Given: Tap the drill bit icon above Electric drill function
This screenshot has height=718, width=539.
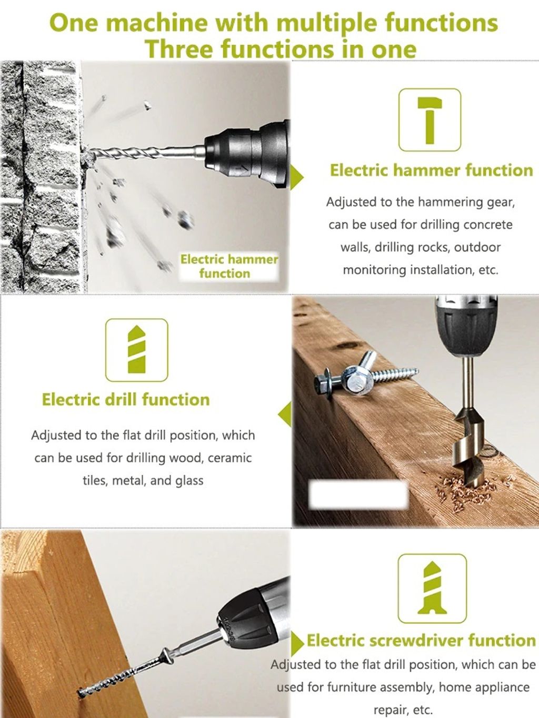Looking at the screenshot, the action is click(x=136, y=349).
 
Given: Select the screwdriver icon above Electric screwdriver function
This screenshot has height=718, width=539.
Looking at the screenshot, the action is click(x=432, y=589).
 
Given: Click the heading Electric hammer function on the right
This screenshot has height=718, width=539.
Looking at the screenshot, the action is click(x=431, y=170).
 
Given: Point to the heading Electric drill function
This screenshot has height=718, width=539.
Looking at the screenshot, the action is click(x=126, y=400).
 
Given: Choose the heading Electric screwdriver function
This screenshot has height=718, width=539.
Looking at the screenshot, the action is click(x=421, y=640).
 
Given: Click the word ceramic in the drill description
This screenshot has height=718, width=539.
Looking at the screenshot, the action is click(x=229, y=458).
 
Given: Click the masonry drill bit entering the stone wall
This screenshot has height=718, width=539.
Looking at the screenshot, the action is click(x=144, y=153).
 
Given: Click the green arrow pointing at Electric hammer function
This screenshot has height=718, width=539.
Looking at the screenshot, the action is click(x=297, y=177).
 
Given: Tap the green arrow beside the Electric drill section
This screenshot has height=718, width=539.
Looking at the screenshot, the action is click(x=285, y=414).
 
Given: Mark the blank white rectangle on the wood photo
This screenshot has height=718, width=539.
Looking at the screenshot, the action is click(x=358, y=494).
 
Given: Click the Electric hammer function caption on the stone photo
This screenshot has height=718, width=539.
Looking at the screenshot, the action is click(x=229, y=266).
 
